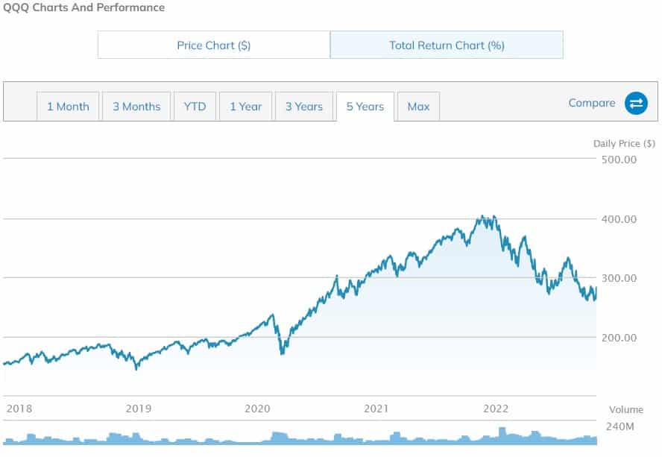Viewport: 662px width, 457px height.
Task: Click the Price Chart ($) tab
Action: point(214,45)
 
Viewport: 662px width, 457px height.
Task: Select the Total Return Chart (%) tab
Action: point(447,45)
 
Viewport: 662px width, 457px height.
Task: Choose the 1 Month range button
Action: point(68,107)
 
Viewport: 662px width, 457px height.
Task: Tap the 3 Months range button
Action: point(136,107)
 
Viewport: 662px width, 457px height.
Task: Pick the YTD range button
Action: point(195,107)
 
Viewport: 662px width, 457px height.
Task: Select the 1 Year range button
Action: point(245,107)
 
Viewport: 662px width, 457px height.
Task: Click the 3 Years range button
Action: point(303,107)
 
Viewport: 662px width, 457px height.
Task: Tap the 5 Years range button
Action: point(365,107)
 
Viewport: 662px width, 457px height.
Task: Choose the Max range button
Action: point(418,107)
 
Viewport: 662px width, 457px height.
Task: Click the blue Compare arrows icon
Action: point(636,104)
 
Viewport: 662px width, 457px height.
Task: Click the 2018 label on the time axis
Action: point(19,409)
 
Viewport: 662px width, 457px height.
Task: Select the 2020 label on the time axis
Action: point(257,409)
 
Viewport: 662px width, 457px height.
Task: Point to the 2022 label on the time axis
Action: point(496,409)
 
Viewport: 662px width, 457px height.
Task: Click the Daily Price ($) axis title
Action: point(624,143)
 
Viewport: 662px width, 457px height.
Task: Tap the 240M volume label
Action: point(621,427)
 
